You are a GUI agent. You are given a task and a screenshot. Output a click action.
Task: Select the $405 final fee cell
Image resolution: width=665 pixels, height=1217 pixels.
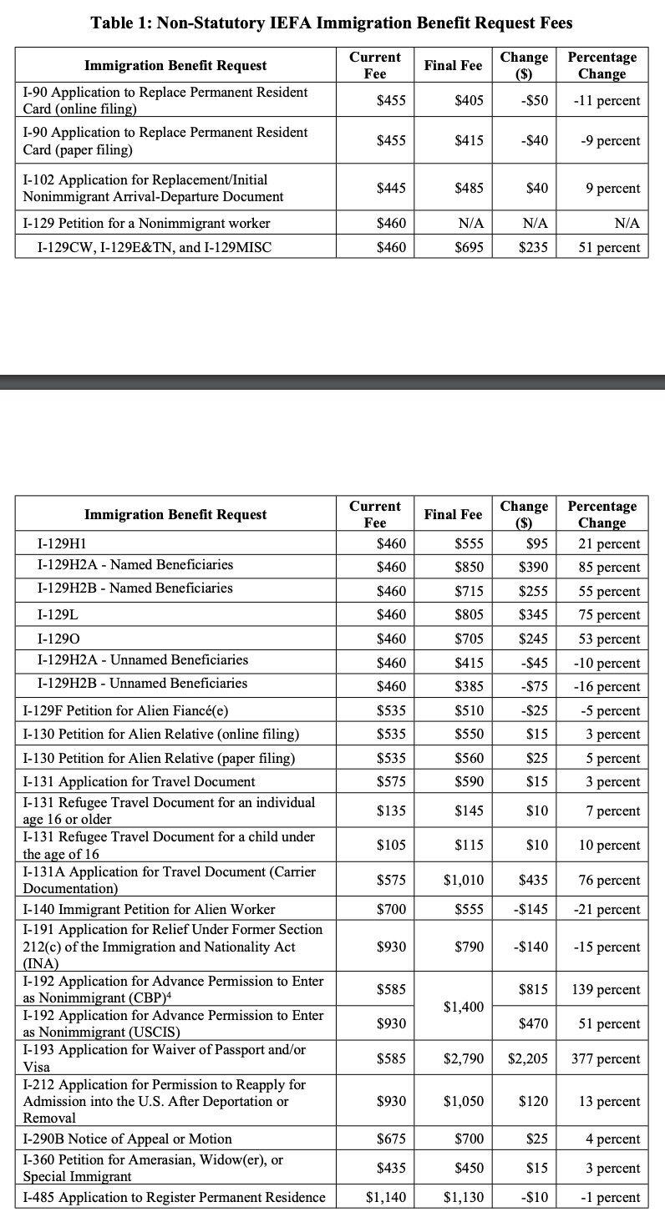click(x=469, y=101)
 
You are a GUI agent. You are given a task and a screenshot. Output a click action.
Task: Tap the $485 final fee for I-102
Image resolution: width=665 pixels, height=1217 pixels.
click(x=469, y=189)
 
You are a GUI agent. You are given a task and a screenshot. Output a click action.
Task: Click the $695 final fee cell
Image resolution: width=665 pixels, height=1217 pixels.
click(x=469, y=247)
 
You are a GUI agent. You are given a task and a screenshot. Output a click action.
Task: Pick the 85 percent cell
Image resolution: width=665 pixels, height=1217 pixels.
click(x=609, y=568)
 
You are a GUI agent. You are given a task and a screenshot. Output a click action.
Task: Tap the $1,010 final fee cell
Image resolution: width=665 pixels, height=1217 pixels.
click(x=464, y=880)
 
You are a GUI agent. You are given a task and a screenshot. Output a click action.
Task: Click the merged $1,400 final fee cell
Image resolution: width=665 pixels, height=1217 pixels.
click(x=464, y=1007)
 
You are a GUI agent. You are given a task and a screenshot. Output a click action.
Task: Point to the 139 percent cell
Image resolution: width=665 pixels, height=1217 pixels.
click(x=606, y=990)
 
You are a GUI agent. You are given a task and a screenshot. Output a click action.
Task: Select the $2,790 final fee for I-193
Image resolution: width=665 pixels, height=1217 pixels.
click(x=464, y=1059)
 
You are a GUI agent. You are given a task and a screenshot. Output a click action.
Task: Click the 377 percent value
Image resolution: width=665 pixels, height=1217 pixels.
click(x=606, y=1059)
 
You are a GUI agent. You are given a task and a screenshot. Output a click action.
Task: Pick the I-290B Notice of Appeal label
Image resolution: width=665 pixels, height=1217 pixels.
click(x=127, y=1139)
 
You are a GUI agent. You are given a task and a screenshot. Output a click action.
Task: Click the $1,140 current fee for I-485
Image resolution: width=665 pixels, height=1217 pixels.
click(x=386, y=1198)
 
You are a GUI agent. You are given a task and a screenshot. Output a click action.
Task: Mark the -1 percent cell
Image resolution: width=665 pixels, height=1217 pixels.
click(x=612, y=1198)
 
